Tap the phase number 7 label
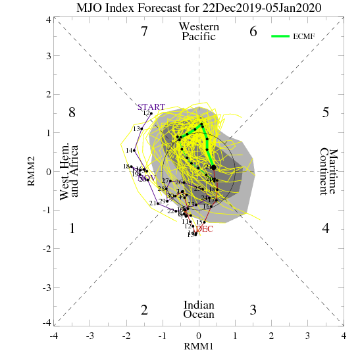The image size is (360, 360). click(x=144, y=32)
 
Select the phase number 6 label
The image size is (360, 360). click(x=253, y=32)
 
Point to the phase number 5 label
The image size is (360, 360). click(x=325, y=113)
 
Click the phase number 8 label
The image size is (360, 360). click(x=72, y=113)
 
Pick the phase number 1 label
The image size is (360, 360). click(x=72, y=229)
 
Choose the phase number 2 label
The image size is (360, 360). click(x=144, y=310)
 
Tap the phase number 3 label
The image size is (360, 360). click(x=253, y=310)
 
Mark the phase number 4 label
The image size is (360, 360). click(x=325, y=229)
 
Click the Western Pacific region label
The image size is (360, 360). click(x=199, y=32)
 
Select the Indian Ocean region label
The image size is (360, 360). click(x=199, y=310)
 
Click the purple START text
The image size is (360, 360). click(x=151, y=107)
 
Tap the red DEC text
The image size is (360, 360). click(x=205, y=228)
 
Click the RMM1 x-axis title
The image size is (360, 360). click(x=199, y=346)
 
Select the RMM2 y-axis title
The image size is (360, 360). click(x=31, y=171)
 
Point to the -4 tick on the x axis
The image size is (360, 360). click(x=54, y=336)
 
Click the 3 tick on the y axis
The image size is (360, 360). click(x=48, y=56)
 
